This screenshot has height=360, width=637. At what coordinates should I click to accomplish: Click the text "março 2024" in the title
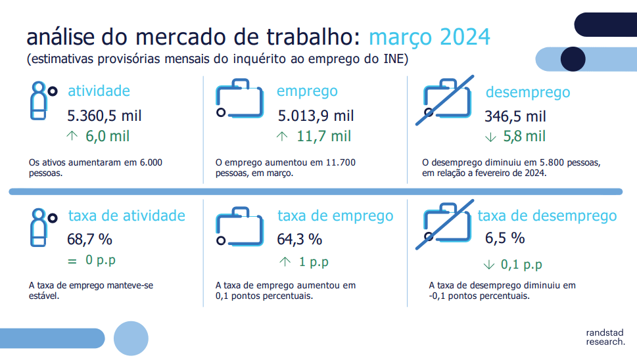[x=429, y=37]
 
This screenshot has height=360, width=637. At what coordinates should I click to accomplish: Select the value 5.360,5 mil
[x=105, y=116]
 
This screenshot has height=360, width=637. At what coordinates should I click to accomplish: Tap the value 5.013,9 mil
[x=316, y=116]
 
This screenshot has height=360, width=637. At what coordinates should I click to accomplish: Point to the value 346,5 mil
[x=515, y=116]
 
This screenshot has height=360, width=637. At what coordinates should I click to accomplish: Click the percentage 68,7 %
[x=90, y=240]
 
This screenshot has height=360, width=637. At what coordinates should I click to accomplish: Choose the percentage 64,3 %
[x=299, y=240]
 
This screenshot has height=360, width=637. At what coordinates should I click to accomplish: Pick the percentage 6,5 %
[x=505, y=238]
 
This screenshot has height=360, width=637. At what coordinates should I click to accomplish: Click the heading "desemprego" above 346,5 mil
[x=528, y=93]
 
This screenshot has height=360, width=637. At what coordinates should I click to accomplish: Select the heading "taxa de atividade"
[x=127, y=215]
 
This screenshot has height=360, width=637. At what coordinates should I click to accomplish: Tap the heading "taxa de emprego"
[x=335, y=216]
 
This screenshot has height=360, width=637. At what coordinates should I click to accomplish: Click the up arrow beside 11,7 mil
[x=282, y=137]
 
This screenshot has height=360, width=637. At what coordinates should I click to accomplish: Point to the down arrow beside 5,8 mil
[x=491, y=137]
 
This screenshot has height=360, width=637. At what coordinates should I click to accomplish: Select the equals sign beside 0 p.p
[x=72, y=261]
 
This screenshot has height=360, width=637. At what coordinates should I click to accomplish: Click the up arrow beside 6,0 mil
[x=72, y=135]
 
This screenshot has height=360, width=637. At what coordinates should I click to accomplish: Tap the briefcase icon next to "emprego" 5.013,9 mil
[x=239, y=99]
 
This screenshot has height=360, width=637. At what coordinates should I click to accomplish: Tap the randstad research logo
[x=605, y=337]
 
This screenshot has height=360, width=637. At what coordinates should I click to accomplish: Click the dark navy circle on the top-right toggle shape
[x=573, y=59]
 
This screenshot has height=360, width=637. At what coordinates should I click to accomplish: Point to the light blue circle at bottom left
[x=131, y=338]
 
